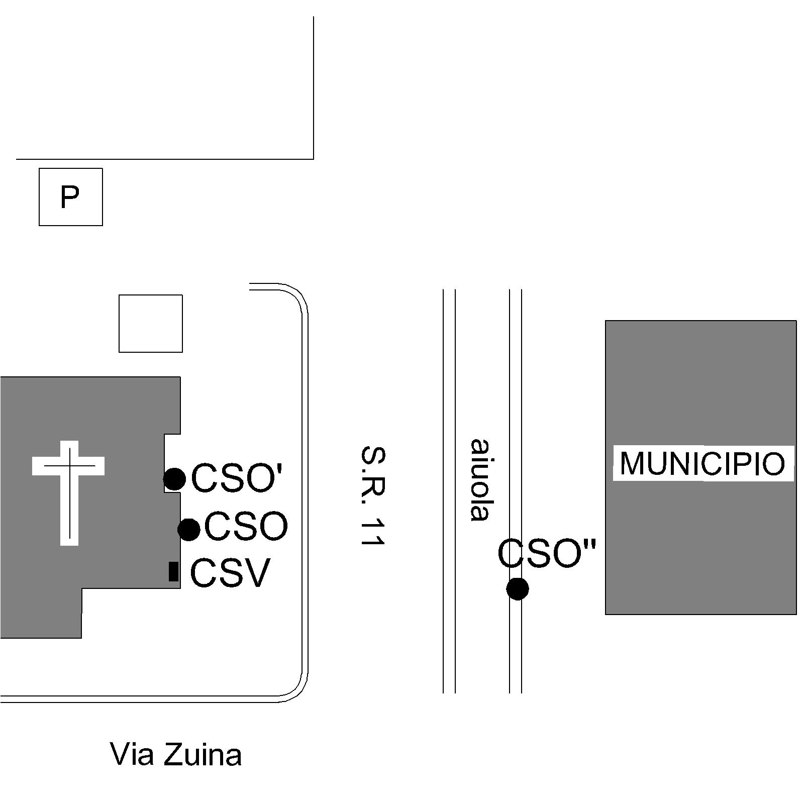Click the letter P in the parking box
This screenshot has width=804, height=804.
pyautogui.click(x=70, y=196)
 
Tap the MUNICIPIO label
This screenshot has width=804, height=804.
pyautogui.click(x=702, y=463)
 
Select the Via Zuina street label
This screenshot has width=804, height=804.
pyautogui.click(x=176, y=755)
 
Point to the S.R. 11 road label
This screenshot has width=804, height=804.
pyautogui.click(x=373, y=495)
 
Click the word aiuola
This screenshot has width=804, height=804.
pyautogui.click(x=479, y=480)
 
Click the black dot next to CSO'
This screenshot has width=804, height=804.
pyautogui.click(x=174, y=479)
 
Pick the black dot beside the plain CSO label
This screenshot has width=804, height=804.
pyautogui.click(x=189, y=529)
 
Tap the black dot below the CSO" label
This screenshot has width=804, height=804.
pyautogui.click(x=518, y=588)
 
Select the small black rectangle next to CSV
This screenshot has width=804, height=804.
pyautogui.click(x=173, y=571)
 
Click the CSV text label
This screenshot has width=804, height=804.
pyautogui.click(x=230, y=573)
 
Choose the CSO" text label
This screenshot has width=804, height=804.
pyautogui.click(x=547, y=553)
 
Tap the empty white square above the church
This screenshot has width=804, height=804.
pyautogui.click(x=151, y=324)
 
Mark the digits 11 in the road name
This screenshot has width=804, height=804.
pyautogui.click(x=373, y=530)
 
